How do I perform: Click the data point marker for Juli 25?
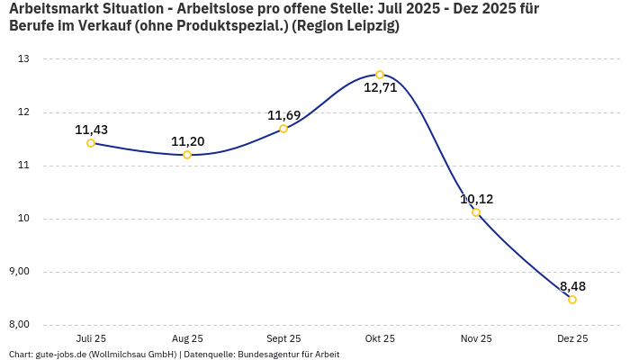(91, 143)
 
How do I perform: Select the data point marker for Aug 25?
(187, 155)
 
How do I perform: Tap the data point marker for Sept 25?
(283, 129)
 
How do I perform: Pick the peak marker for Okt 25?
(380, 75)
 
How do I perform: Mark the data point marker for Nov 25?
(476, 212)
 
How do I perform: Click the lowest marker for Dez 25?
(572, 300)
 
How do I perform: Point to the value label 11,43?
(91, 130)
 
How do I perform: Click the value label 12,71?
(380, 88)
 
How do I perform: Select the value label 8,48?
(572, 286)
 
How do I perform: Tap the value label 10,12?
(476, 199)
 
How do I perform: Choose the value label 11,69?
(283, 115)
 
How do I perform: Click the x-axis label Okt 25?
(380, 338)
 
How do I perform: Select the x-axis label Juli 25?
(91, 338)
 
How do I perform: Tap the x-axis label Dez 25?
(572, 338)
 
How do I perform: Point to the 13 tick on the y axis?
(23, 59)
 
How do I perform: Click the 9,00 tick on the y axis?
(19, 272)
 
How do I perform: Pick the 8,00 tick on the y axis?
(19, 325)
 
